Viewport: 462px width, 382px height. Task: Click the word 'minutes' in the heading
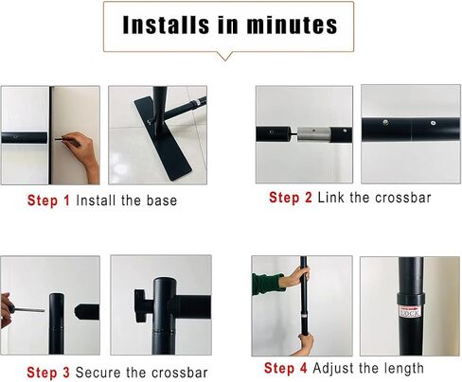tap(292, 25)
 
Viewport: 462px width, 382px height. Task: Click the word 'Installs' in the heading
tap(166, 25)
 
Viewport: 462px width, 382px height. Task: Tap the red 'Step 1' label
tap(48, 200)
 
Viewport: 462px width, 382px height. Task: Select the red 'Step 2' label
tap(291, 198)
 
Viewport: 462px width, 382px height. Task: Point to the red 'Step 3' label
tap(48, 373)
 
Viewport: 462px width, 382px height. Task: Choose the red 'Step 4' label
tap(286, 368)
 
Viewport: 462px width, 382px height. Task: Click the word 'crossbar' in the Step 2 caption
tap(403, 198)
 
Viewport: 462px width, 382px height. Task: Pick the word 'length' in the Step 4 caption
tap(404, 369)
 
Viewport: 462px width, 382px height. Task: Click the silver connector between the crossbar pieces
tap(314, 134)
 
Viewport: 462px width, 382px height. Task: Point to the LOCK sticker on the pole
tap(410, 311)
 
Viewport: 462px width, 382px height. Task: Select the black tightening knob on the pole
tap(141, 305)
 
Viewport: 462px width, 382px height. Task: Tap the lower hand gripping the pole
tap(306, 343)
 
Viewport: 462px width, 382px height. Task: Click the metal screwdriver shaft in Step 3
tap(29, 310)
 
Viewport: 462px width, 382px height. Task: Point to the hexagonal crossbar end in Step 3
tap(87, 311)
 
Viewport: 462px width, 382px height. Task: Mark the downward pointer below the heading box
tap(225, 56)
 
